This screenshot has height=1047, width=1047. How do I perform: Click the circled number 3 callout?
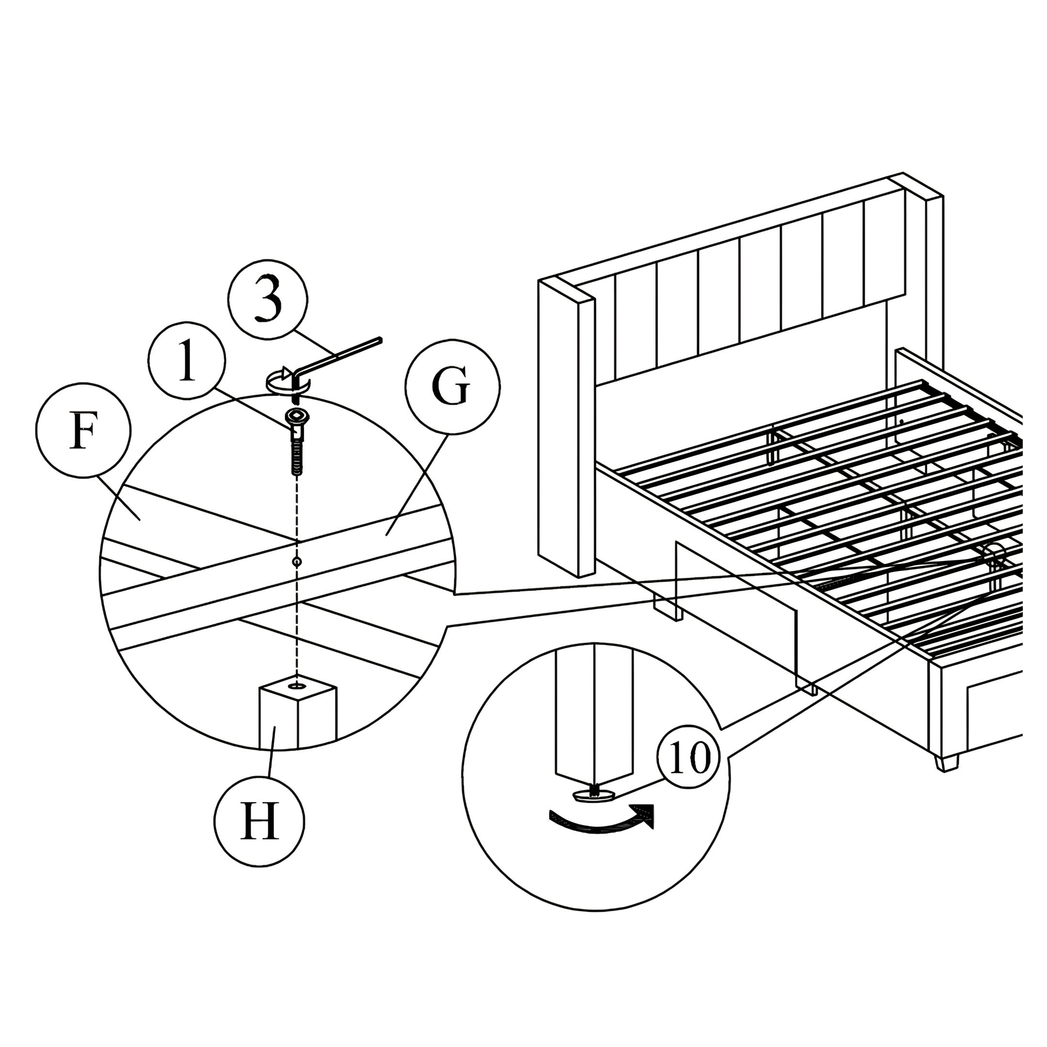pos(268,300)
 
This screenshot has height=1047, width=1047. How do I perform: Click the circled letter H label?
pos(259,822)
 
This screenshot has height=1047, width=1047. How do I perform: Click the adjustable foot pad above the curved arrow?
pos(593,794)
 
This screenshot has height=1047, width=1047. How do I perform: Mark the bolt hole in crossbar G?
pos(296,561)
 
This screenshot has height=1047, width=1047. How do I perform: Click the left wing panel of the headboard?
pos(566,428)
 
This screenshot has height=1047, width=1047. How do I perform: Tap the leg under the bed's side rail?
pos(667,609)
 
